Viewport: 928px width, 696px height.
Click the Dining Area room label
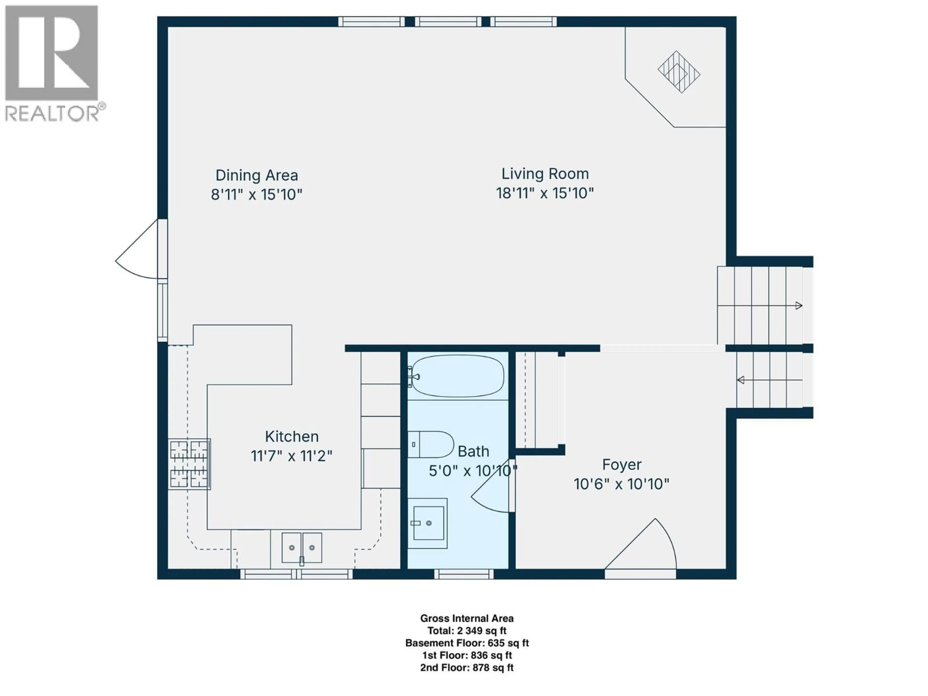pyautogui.click(x=257, y=175)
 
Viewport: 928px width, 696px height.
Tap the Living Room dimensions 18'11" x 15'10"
pyautogui.click(x=545, y=193)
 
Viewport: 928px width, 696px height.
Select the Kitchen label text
pyautogui.click(x=292, y=437)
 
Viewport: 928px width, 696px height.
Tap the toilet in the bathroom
pyautogui.click(x=431, y=444)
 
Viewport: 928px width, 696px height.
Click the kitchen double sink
pyautogui.click(x=302, y=548)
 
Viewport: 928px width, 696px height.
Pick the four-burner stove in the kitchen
pyautogui.click(x=189, y=464)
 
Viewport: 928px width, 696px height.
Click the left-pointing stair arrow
pyautogui.click(x=770, y=380)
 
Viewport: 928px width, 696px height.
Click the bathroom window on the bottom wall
pyautogui.click(x=464, y=574)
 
